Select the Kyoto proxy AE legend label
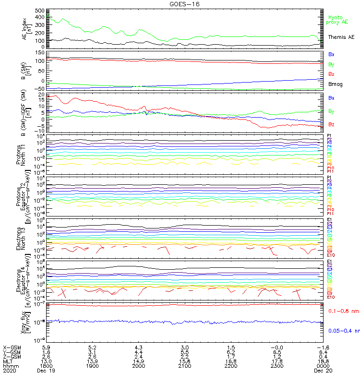coord(337,20)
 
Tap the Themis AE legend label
coord(341,37)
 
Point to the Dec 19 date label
coord(46,371)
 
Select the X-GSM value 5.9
coord(46,347)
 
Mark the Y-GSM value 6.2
coord(230,351)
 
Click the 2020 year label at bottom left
coord(9,371)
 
